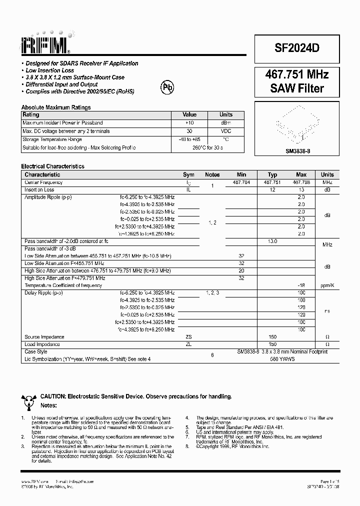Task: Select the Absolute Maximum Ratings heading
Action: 56,107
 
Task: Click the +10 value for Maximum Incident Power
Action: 189,122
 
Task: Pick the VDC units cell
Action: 226,131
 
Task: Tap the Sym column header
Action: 188,174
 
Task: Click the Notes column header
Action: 212,174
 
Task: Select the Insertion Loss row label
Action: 39,190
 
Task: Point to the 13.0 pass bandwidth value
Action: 272,241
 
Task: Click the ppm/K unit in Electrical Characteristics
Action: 327,285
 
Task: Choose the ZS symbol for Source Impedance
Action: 188,337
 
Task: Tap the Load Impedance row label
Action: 42,344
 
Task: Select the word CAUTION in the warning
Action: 53,396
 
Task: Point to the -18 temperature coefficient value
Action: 301,285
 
